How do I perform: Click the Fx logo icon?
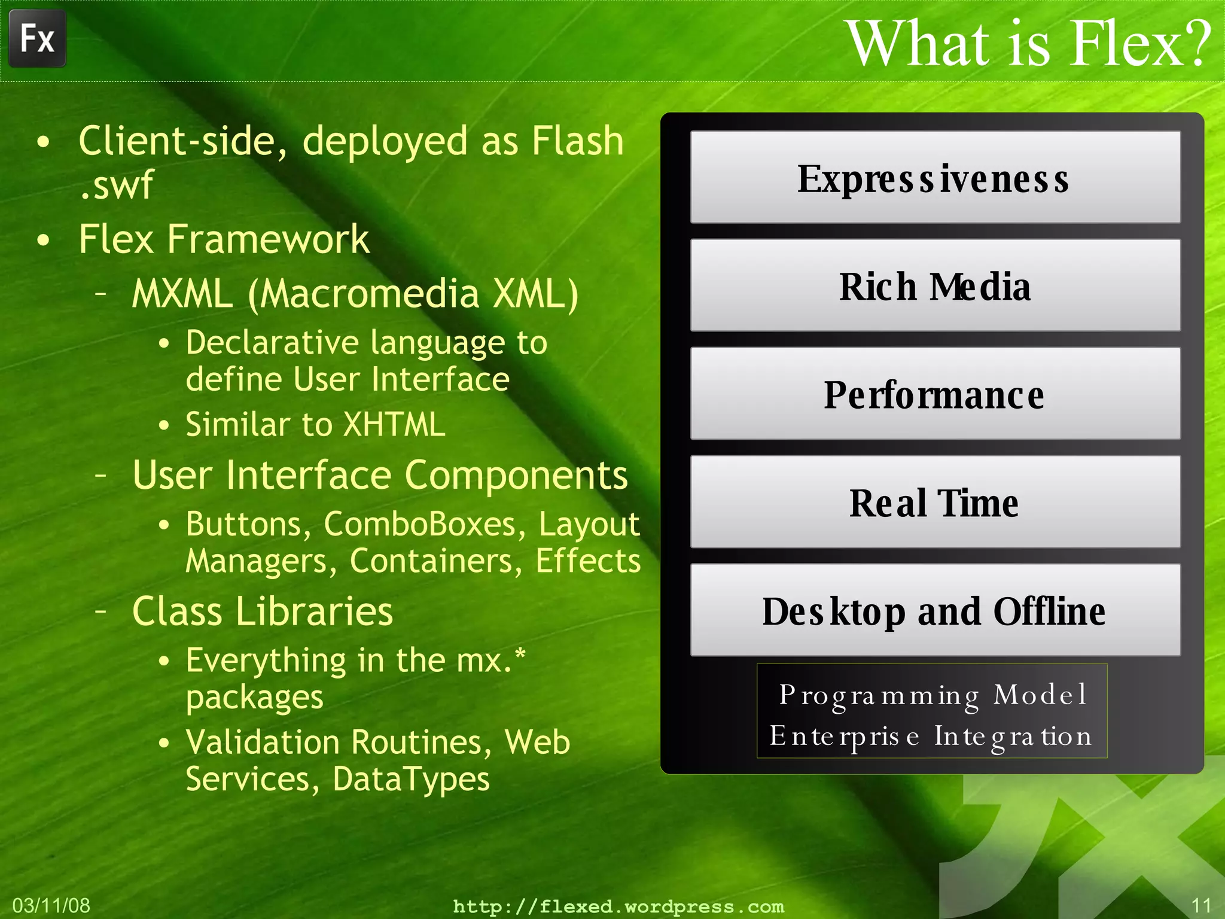point(37,39)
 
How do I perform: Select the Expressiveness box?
point(935,178)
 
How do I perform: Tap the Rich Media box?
point(935,286)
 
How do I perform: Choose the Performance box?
point(935,394)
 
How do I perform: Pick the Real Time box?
point(935,503)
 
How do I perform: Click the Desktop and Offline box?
point(935,611)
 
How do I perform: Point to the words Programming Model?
point(933,695)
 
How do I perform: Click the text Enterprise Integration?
point(931,736)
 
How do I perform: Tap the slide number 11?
point(1201,905)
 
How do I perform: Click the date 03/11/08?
point(51,905)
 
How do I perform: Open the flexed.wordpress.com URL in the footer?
point(618,906)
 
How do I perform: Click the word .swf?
point(116,185)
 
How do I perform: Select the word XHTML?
point(394,425)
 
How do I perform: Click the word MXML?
point(182,294)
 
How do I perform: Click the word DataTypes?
point(411,779)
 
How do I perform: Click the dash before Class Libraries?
point(101,611)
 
